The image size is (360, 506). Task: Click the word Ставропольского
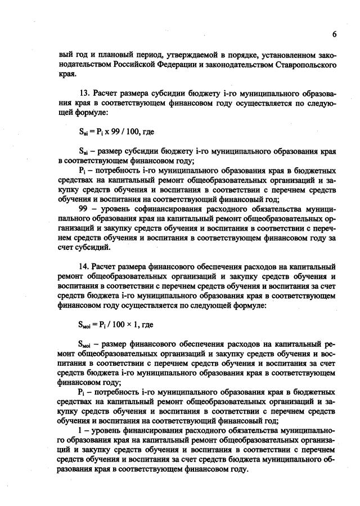pos(309,64)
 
